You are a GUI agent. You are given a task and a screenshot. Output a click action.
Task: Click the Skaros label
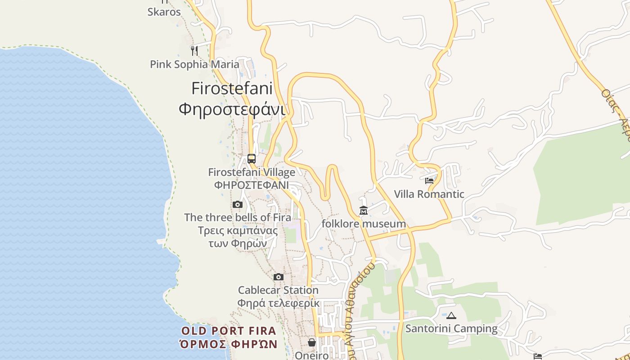click(x=164, y=12)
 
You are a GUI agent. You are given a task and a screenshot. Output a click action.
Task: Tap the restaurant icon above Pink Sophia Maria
click(x=194, y=50)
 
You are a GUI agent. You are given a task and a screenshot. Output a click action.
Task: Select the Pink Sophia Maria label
click(x=194, y=64)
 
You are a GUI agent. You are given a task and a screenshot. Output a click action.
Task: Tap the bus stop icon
click(x=252, y=159)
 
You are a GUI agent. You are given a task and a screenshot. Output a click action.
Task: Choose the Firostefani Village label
click(x=252, y=172)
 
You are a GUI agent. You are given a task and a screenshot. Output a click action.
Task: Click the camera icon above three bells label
click(x=238, y=205)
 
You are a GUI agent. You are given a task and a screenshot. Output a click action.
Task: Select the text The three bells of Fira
click(x=238, y=217)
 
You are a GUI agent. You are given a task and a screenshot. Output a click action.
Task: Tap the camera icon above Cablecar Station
click(x=279, y=277)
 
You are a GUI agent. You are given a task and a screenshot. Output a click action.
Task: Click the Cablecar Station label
click(x=278, y=290)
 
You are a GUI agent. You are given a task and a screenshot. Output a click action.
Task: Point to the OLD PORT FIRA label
click(x=229, y=331)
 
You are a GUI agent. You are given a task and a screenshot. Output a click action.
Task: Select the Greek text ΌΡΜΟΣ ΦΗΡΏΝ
click(x=229, y=345)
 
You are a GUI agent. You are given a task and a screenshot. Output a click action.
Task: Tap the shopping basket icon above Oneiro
click(x=312, y=343)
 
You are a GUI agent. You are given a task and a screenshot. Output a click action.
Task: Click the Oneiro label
click(x=312, y=355)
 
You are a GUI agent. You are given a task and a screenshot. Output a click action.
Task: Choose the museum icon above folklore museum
click(x=364, y=210)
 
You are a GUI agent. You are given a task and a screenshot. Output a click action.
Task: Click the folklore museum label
click(x=364, y=224)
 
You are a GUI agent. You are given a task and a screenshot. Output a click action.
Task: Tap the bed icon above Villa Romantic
click(x=429, y=181)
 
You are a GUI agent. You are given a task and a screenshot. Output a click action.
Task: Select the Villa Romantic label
click(x=429, y=194)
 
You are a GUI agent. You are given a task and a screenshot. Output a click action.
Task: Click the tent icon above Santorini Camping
click(x=451, y=315)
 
